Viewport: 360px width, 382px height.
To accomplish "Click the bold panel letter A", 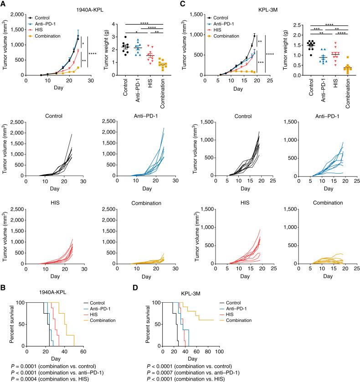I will click(4, 4).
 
